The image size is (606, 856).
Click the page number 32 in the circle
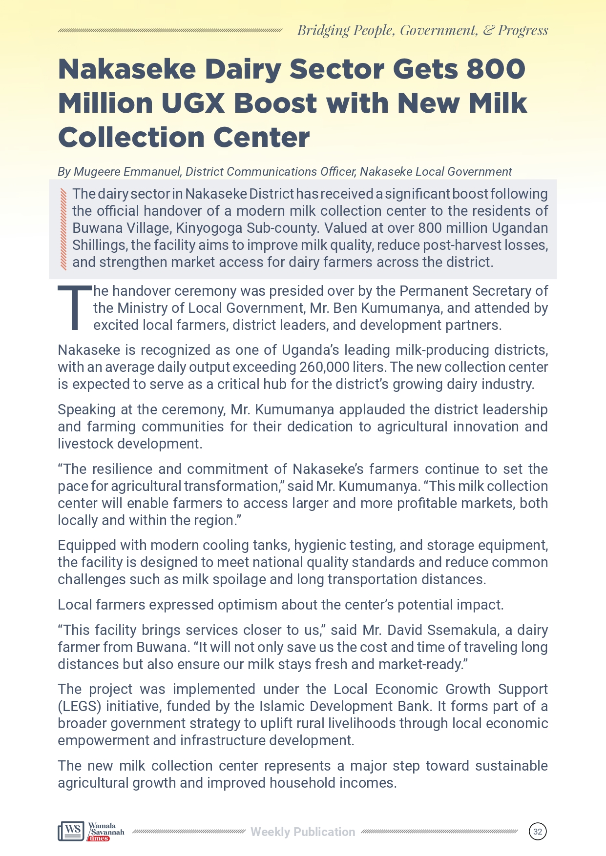click(538, 832)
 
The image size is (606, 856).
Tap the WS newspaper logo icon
click(71, 831)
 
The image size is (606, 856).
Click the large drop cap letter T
click(75, 307)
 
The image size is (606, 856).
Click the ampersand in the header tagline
click(488, 30)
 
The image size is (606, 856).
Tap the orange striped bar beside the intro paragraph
click(63, 229)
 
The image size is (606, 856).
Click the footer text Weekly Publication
click(303, 832)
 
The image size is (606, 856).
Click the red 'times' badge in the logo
click(99, 838)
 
